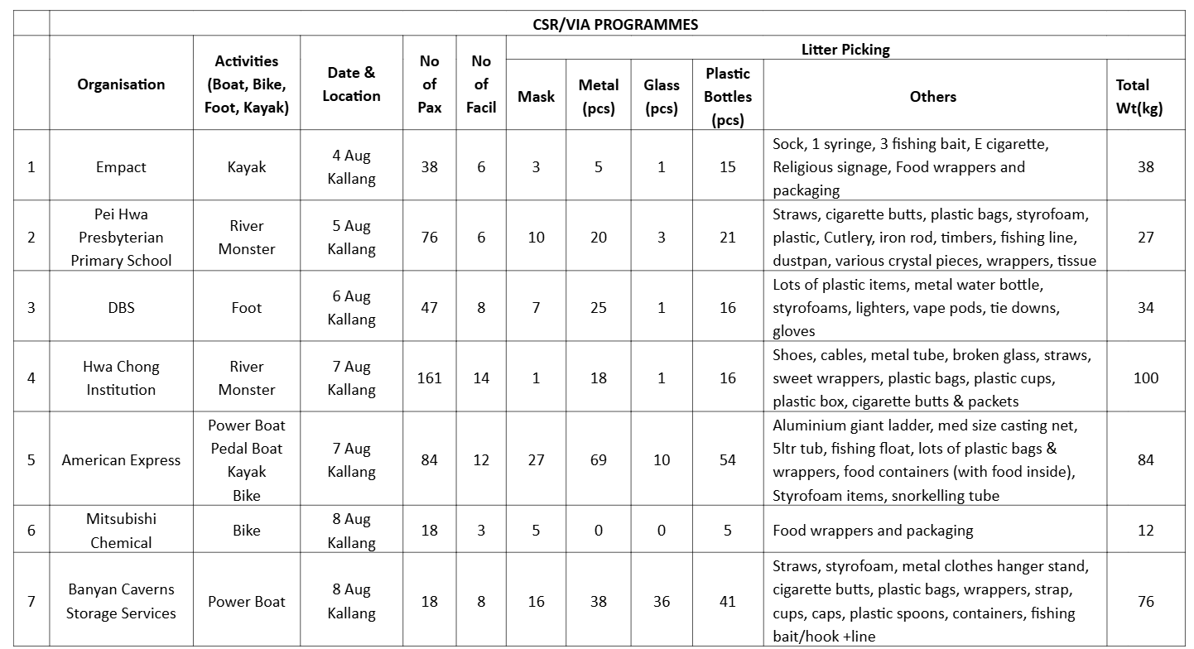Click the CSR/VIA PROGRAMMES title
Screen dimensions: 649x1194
pos(615,24)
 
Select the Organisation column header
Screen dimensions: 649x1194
pos(121,84)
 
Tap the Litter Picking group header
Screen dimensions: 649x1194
pos(845,50)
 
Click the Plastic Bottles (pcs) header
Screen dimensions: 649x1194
pos(728,96)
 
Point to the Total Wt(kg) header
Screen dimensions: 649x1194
pos(1145,96)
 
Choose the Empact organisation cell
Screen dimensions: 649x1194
pos(121,166)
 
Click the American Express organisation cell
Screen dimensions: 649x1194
pos(121,459)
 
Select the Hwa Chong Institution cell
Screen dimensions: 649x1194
pos(121,377)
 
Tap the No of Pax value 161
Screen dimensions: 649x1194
pos(429,377)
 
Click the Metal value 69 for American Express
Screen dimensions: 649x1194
pos(599,459)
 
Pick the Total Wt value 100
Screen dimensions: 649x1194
pos(1145,377)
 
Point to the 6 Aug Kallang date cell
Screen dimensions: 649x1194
pos(351,307)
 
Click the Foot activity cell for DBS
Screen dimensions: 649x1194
pos(247,307)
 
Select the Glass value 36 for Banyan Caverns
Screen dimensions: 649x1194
pos(662,602)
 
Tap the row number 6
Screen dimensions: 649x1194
pos(31,530)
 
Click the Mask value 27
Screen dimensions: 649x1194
pos(536,459)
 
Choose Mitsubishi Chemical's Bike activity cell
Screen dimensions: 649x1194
pos(247,530)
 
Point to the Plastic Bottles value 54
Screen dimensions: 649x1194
pos(728,459)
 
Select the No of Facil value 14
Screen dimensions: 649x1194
pos(481,377)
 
